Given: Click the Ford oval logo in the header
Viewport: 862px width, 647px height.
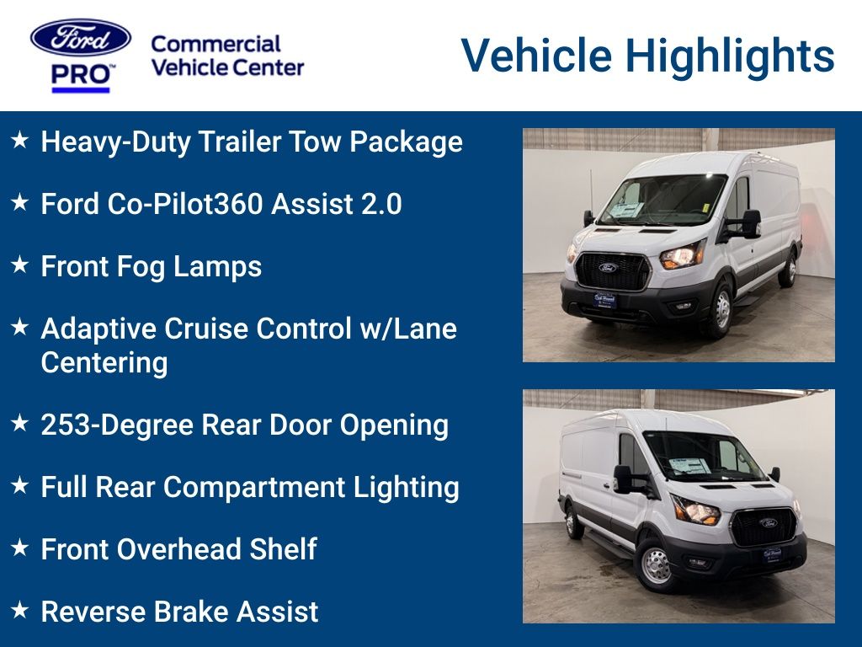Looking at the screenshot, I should tap(81, 38).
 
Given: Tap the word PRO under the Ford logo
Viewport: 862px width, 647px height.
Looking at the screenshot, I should tap(81, 75).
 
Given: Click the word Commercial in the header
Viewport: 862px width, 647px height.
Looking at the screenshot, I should tap(215, 44).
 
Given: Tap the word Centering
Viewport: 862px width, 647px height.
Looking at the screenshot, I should tap(104, 362).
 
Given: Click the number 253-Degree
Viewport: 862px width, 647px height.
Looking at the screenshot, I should tap(117, 425).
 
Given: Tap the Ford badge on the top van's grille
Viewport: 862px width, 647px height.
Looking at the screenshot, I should tap(607, 267).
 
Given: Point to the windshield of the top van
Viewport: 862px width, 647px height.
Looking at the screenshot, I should tap(662, 199).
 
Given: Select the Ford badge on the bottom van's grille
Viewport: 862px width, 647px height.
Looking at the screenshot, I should tap(768, 522).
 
